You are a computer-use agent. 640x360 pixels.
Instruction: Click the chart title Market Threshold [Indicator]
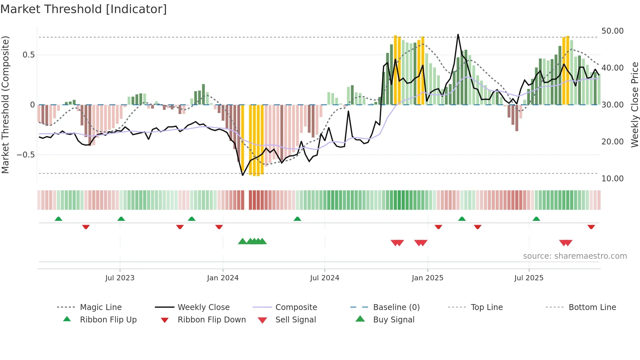coord(84,9)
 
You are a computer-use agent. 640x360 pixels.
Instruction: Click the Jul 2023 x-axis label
coord(120,278)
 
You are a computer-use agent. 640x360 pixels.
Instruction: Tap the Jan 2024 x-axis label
coord(223,278)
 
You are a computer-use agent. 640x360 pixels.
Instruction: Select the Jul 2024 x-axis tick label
coord(325,278)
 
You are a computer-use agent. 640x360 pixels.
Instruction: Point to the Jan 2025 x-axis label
coord(427,278)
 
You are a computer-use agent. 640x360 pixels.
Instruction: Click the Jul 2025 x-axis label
coord(529,278)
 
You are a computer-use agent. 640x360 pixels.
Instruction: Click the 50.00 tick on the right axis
coord(612,31)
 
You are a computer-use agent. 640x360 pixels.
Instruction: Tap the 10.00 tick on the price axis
coord(612,179)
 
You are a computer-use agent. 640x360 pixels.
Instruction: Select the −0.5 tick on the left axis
coord(26,155)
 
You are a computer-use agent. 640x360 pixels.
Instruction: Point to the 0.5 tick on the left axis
coord(29,55)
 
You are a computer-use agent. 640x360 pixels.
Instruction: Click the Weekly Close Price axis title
coord(634,105)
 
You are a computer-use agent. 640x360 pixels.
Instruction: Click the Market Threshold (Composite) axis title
coord(5,105)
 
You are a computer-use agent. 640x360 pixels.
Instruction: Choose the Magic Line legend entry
coord(101,307)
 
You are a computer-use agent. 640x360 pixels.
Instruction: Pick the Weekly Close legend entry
coord(203,307)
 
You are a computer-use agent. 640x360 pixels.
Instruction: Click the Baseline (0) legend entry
coord(396,307)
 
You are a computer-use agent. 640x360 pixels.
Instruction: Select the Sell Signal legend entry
coord(296,320)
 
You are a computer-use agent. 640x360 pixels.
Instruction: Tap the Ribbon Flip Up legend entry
coord(108,320)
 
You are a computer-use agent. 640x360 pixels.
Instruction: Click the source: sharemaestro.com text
coord(575,256)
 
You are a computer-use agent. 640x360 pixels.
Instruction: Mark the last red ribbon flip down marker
coord(591,227)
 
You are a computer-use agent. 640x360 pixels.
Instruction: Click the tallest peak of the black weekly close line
coord(458,35)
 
